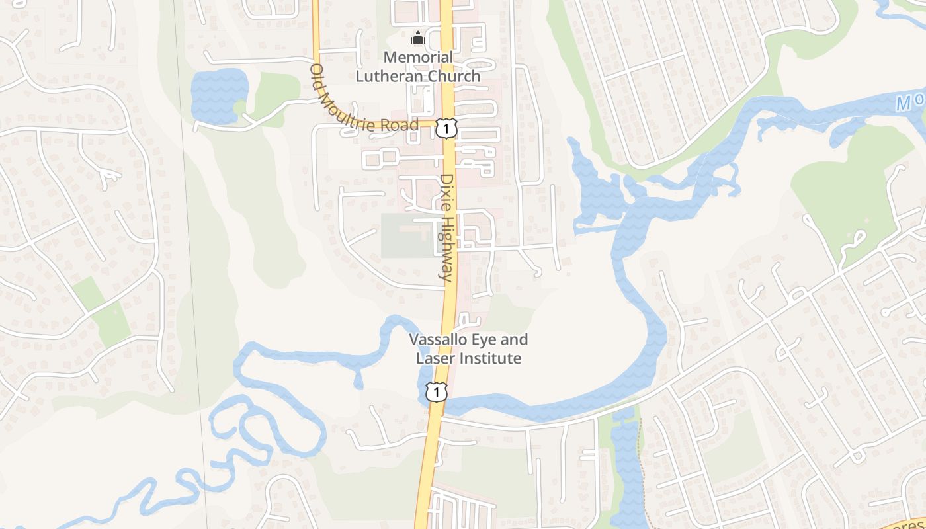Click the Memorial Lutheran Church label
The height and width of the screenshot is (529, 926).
(418, 66)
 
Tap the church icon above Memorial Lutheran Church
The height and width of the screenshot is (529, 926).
(417, 38)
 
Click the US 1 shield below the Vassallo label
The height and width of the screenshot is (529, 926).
(436, 392)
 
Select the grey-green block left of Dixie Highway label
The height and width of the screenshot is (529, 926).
(405, 236)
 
